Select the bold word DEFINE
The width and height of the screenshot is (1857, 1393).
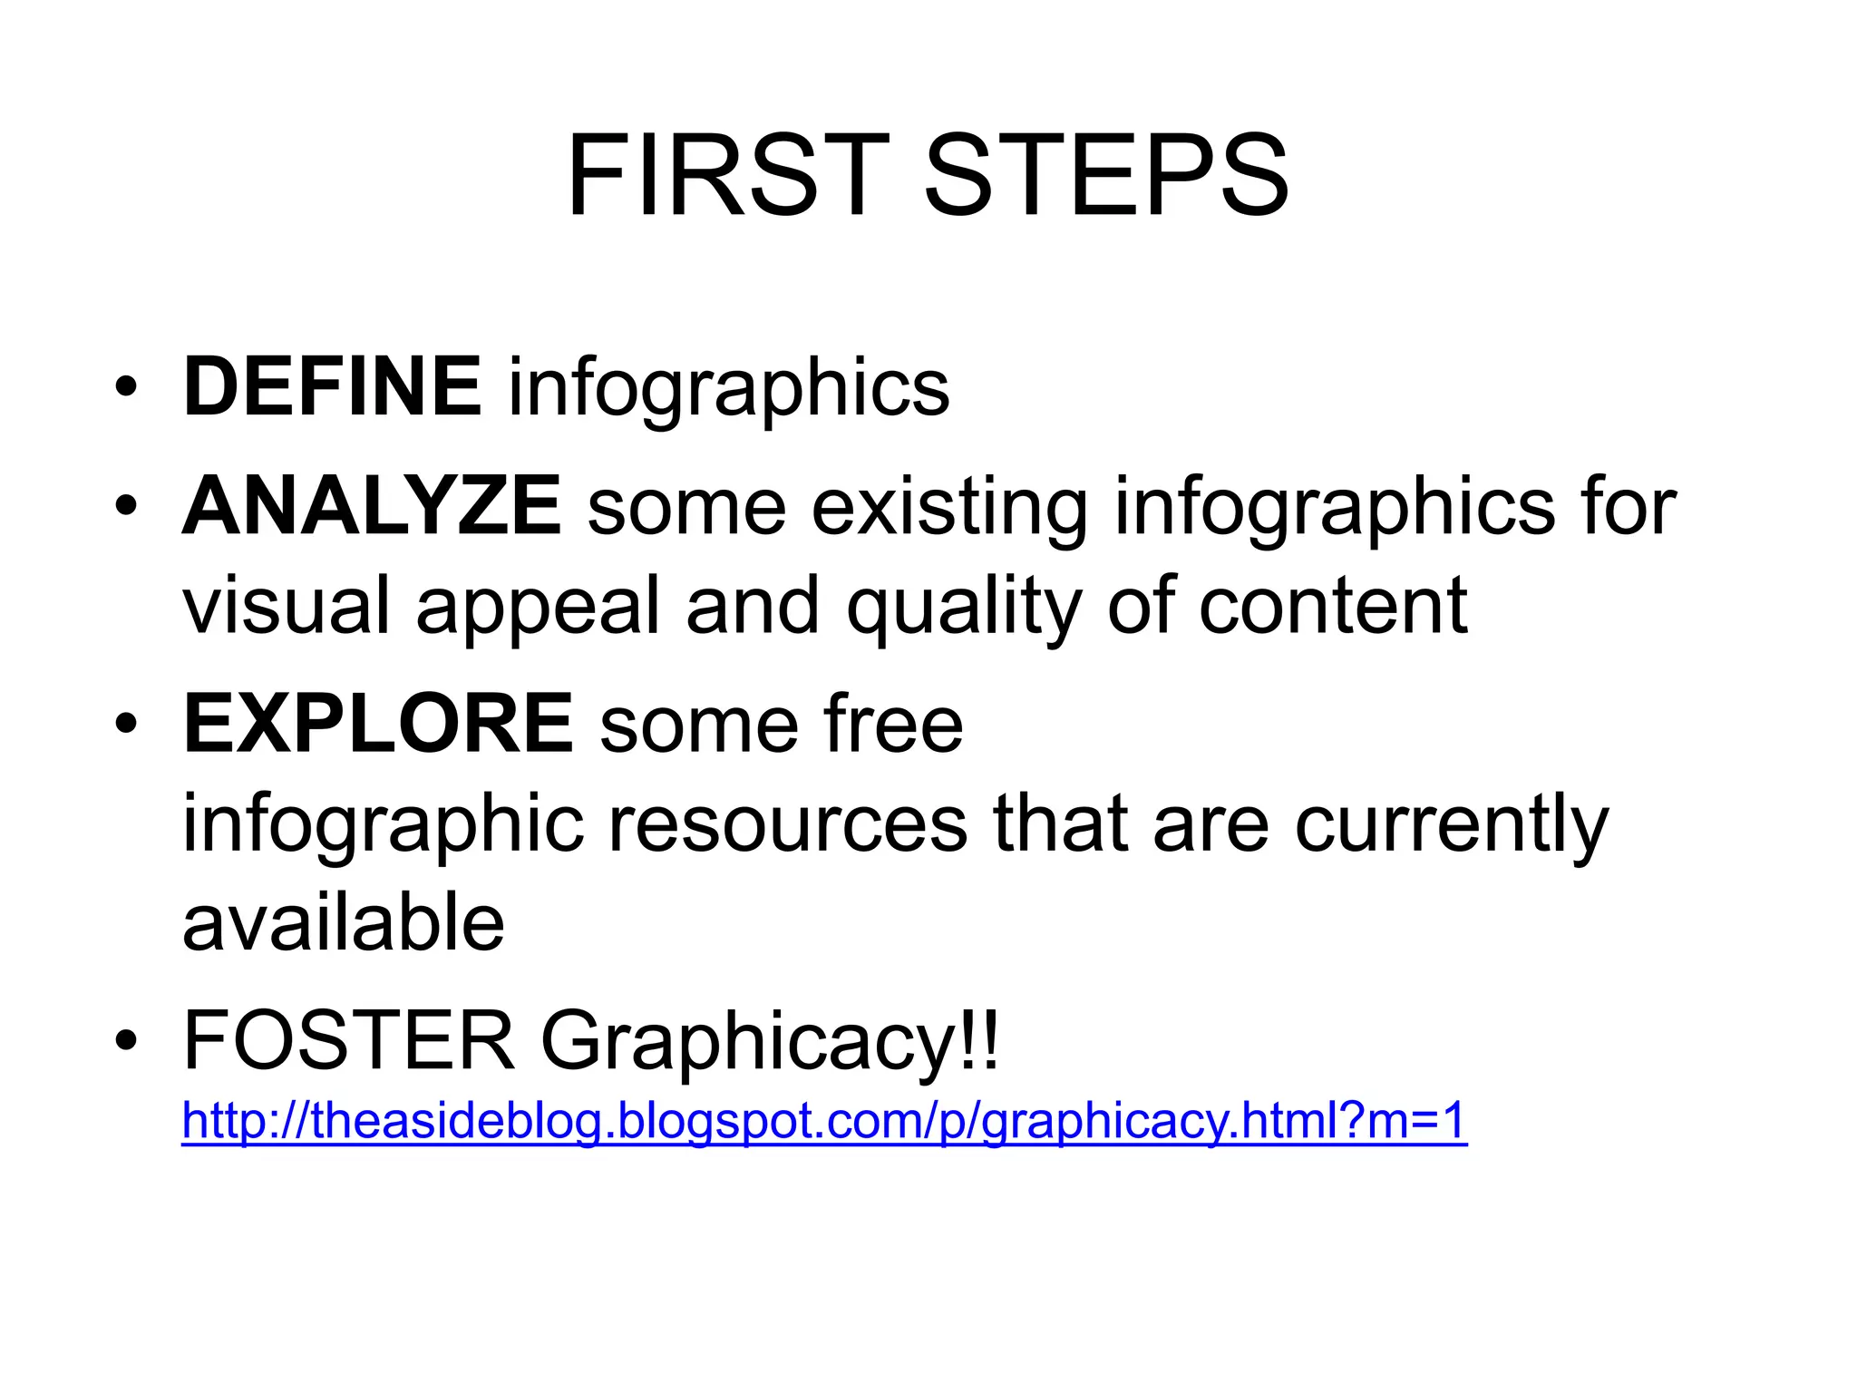point(332,387)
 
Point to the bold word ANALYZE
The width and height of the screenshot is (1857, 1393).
point(372,506)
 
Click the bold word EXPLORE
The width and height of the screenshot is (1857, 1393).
point(378,724)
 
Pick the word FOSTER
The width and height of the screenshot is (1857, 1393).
point(349,1041)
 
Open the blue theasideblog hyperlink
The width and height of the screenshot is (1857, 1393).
point(824,1121)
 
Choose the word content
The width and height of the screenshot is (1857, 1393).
point(1332,606)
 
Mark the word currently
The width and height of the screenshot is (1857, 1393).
point(1451,825)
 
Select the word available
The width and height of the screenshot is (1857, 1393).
point(344,923)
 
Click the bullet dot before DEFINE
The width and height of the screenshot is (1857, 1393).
point(126,389)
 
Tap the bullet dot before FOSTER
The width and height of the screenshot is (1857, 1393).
point(126,1042)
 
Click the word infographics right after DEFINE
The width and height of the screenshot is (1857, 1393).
point(728,389)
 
